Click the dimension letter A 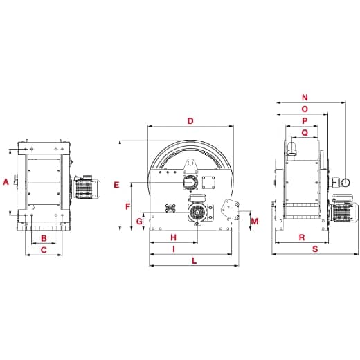click(x=6, y=182)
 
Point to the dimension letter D click(x=190, y=121)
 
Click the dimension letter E click(x=116, y=185)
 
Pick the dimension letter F click(x=128, y=207)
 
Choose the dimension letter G click(x=139, y=222)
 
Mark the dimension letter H click(x=173, y=237)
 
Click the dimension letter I click(x=173, y=249)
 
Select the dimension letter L click(x=194, y=261)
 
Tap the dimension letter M click(x=255, y=222)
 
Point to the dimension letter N click(x=305, y=98)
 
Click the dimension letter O click(x=305, y=109)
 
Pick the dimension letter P click(x=305, y=121)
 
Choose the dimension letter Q click(x=305, y=133)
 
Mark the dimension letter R click(x=302, y=237)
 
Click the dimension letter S click(x=315, y=249)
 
